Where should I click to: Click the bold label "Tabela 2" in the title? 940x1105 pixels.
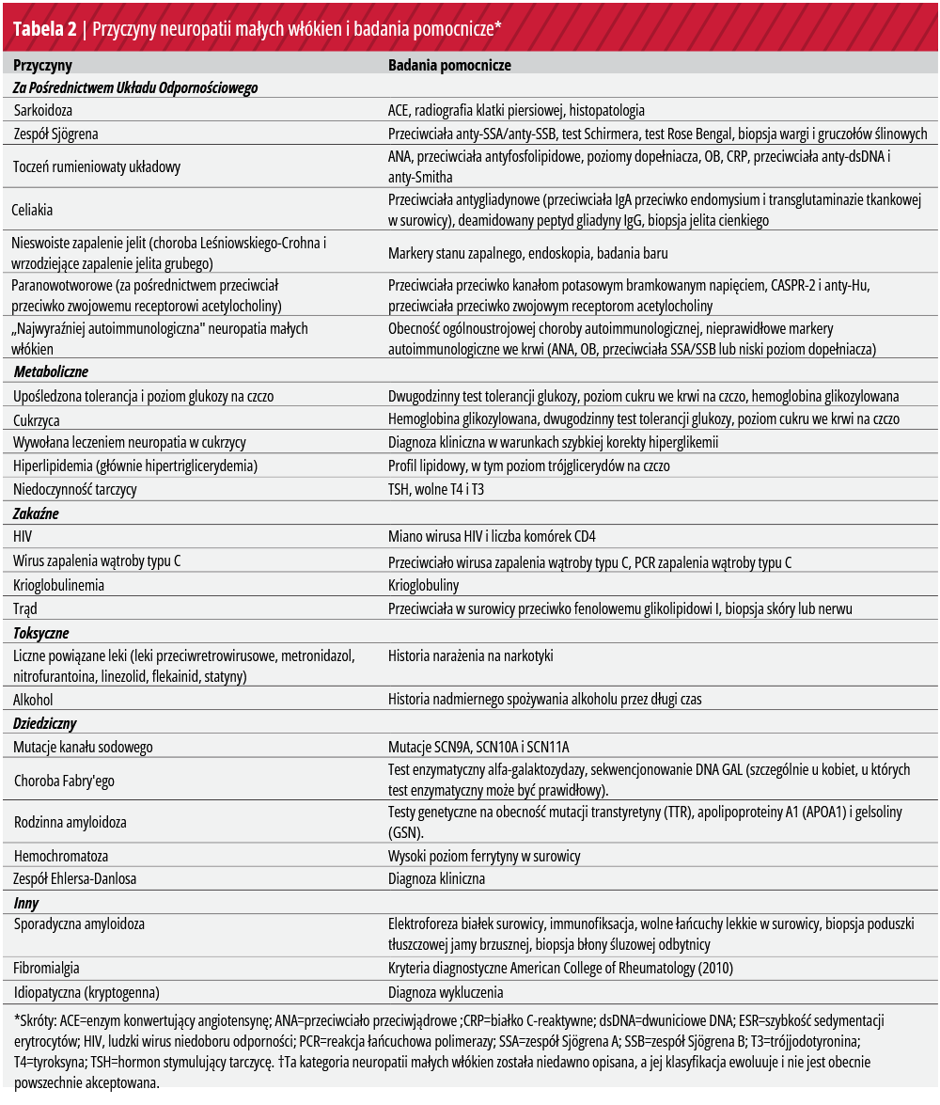(x=42, y=27)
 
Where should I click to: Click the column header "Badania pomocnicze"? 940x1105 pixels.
(x=449, y=66)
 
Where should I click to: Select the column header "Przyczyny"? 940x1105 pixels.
(x=42, y=66)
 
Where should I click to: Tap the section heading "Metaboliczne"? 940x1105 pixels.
(x=51, y=372)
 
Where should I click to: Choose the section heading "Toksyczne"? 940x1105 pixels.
(x=41, y=633)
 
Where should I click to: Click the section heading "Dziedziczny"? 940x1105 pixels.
(x=44, y=723)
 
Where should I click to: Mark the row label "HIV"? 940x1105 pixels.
(x=23, y=536)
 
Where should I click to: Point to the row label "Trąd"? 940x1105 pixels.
(x=25, y=608)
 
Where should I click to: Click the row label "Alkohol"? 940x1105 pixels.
(x=33, y=700)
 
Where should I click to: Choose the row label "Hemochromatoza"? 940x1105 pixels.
(x=60, y=856)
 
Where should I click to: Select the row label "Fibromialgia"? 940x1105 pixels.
(x=46, y=968)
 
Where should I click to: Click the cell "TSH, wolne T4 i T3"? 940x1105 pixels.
(x=436, y=489)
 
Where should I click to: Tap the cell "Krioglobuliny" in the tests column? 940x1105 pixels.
(x=424, y=585)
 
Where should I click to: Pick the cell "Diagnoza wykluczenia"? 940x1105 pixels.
(x=446, y=991)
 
